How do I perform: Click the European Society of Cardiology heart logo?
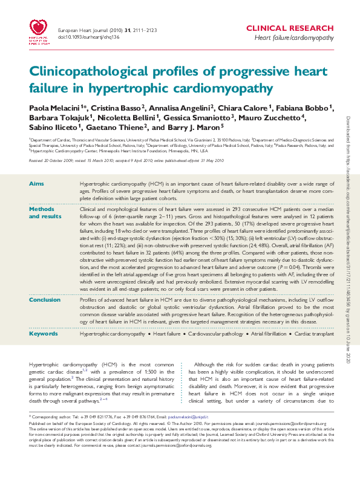coord(39,28)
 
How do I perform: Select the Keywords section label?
coord(43,333)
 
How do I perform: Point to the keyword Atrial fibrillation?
coord(266,334)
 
